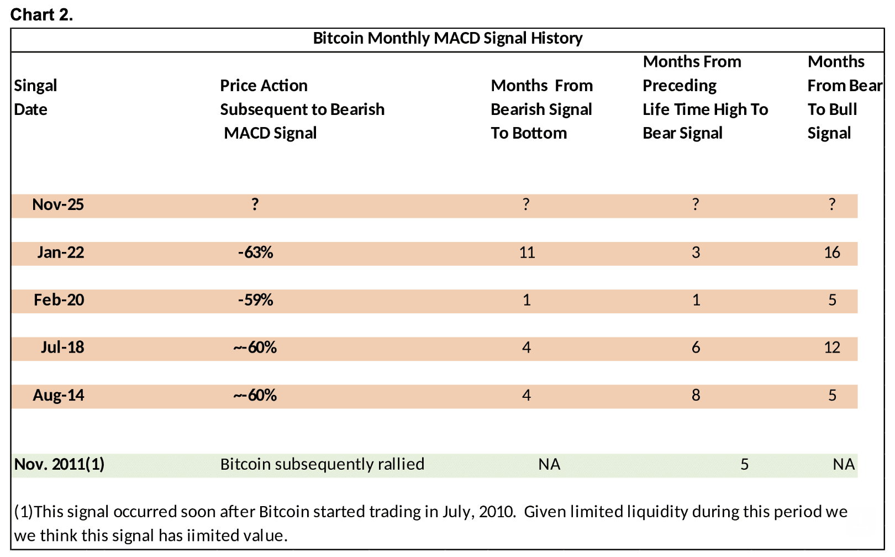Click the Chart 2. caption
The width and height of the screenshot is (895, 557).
coord(41,15)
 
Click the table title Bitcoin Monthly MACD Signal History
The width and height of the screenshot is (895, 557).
coord(447,38)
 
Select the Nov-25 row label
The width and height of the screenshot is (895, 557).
coord(58,205)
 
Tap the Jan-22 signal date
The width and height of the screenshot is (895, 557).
coord(60,253)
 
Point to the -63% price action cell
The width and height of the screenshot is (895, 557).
coord(255,253)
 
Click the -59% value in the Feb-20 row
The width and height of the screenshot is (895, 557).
coord(255,300)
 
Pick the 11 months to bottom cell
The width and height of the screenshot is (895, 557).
coord(527,253)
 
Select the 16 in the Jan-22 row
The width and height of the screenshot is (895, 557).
coord(831,253)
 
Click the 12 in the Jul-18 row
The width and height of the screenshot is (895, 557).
coord(831,348)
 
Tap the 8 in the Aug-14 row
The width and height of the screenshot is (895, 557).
coord(696,395)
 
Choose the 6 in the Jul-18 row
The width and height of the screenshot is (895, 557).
coord(696,348)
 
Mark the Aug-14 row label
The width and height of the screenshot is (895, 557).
coord(58,396)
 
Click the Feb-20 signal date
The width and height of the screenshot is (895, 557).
coord(59,300)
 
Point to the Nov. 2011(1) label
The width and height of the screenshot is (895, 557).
coord(59,464)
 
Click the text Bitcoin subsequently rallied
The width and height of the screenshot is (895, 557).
coord(322,464)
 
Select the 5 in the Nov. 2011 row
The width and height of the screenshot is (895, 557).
coord(744,464)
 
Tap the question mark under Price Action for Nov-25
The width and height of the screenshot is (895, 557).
coord(255,204)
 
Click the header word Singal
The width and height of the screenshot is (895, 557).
coord(35,86)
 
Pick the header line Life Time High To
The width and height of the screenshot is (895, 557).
coord(705,109)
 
